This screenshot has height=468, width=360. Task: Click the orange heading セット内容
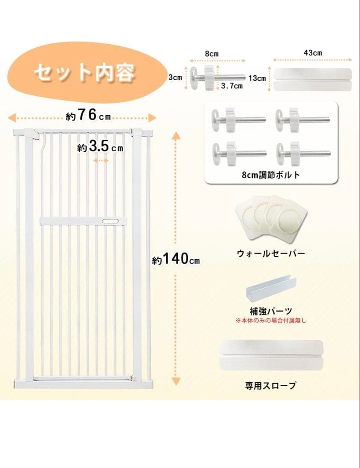[x=85, y=73]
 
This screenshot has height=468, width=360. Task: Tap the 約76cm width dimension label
[x=88, y=116]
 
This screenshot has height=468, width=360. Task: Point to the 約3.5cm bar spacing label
[x=100, y=147]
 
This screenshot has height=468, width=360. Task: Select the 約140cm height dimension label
[x=176, y=260]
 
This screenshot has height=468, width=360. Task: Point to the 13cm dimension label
[x=257, y=78]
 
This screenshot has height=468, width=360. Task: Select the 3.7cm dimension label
[x=232, y=86]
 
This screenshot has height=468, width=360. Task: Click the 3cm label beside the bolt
[x=175, y=78]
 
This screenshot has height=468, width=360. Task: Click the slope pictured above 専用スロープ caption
[x=269, y=354]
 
